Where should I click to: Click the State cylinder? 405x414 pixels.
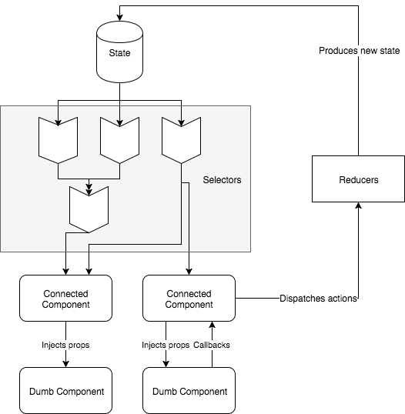coord(119,52)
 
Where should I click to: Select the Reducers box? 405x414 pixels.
coord(358,179)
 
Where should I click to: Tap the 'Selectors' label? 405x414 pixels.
coord(222,180)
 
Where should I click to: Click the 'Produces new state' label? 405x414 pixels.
coord(359,51)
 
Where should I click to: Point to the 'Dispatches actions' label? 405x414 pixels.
coord(318,299)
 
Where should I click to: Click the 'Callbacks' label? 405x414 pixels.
coord(211,345)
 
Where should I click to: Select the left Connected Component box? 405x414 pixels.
coord(65,298)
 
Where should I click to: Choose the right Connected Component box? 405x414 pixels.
coord(189,298)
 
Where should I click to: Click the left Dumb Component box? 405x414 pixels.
coord(65,390)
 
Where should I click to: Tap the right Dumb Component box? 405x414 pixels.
coord(189,390)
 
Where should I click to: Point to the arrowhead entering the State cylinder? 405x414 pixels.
coord(119,18)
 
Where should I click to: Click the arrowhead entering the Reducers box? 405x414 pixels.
coord(358,205)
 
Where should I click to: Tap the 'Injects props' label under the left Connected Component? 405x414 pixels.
coord(65,345)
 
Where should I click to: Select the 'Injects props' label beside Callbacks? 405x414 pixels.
coord(166,345)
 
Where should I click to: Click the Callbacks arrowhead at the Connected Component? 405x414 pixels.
coord(212,325)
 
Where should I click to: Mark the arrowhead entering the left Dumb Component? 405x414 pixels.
coord(65,364)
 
